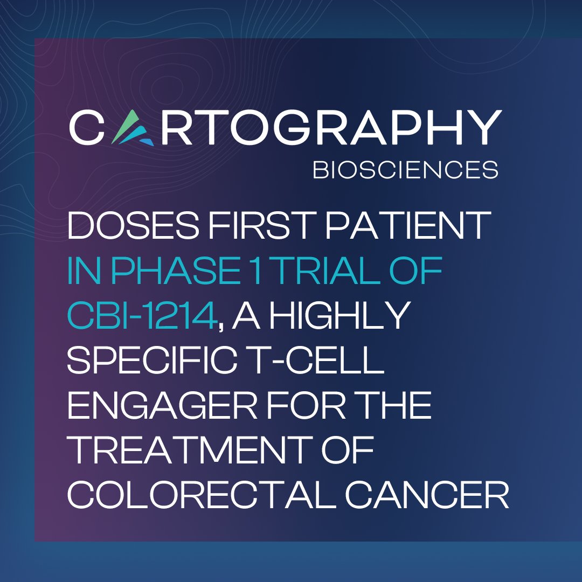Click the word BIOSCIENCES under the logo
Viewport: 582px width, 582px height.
405,170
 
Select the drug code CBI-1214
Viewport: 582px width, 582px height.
142,317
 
